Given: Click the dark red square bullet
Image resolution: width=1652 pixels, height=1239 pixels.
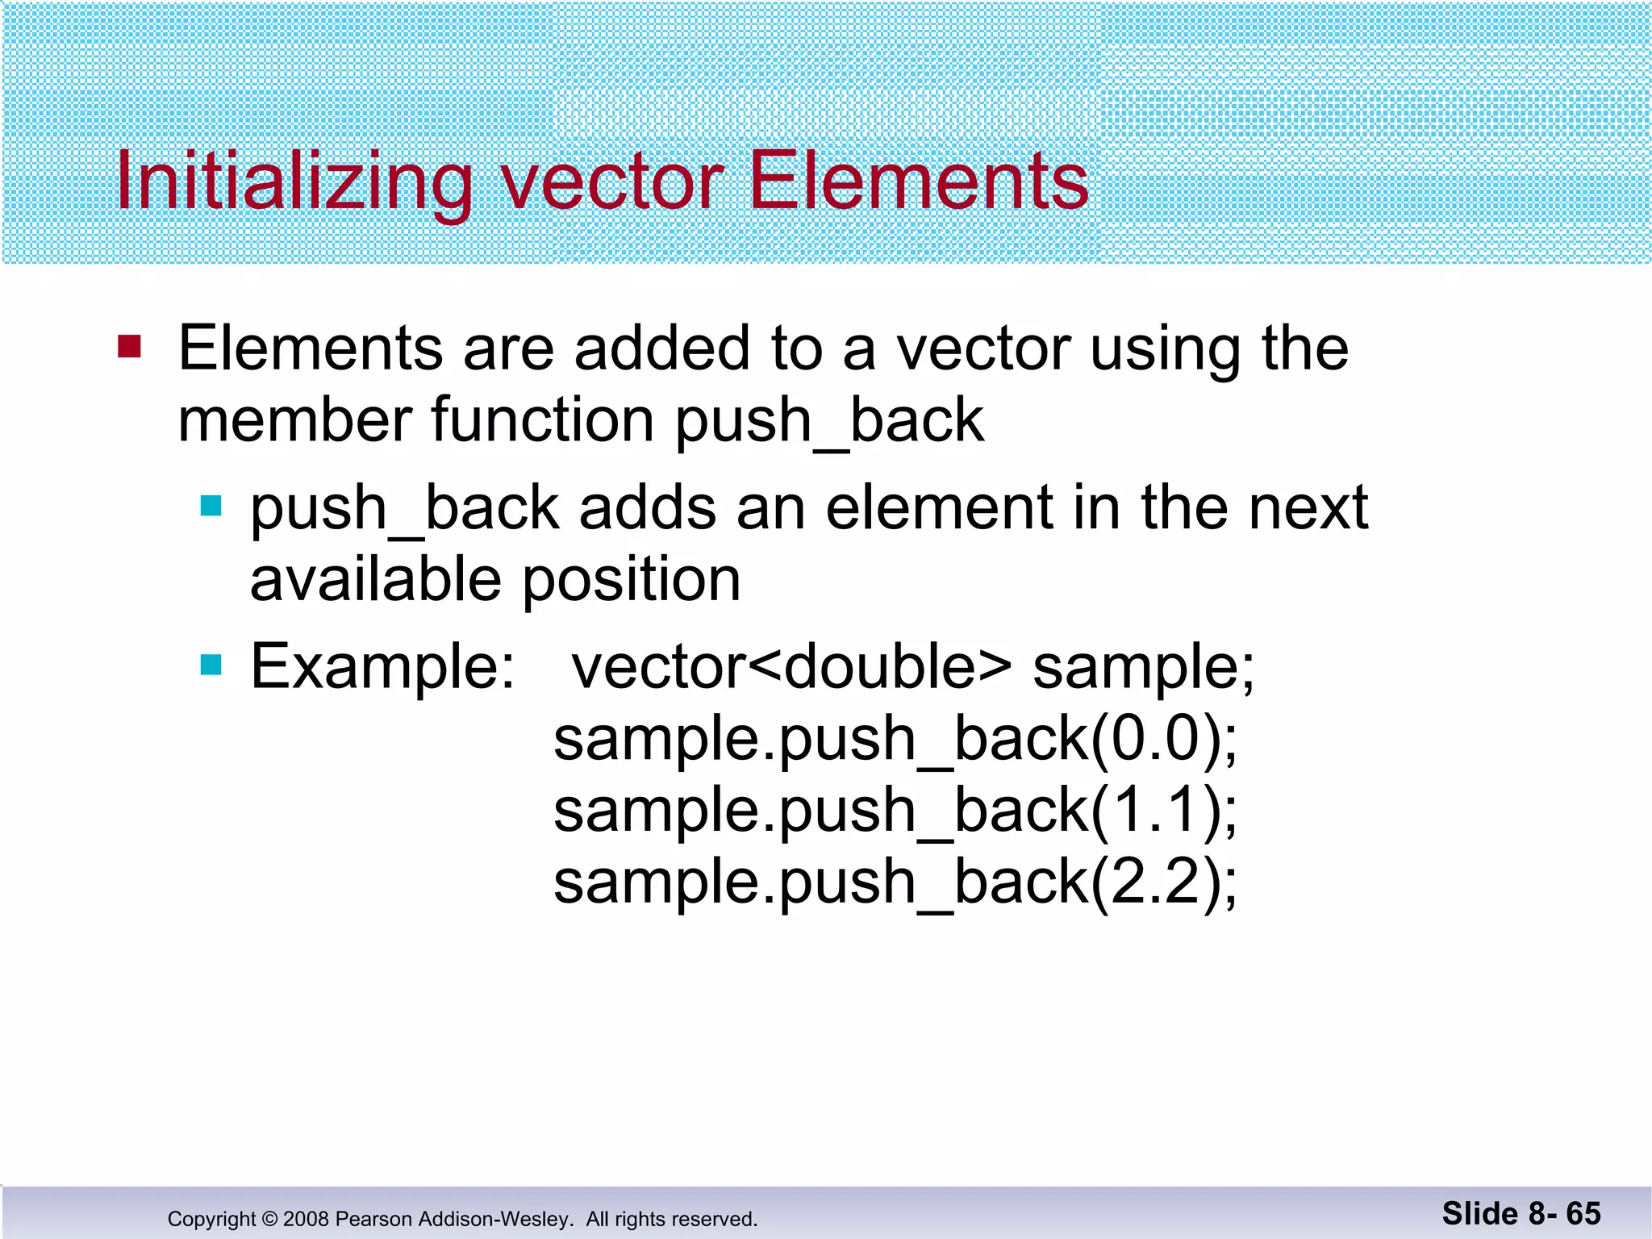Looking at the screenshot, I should click(x=129, y=347).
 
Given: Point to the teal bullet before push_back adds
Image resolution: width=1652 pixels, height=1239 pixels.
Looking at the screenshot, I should click(x=211, y=506).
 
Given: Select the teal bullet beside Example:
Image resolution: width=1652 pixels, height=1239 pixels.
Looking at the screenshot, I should click(x=211, y=665).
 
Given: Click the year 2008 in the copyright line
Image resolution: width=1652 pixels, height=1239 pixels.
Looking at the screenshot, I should click(x=306, y=1219).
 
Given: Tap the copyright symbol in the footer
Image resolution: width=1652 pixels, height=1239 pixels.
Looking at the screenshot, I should click(x=269, y=1219).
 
